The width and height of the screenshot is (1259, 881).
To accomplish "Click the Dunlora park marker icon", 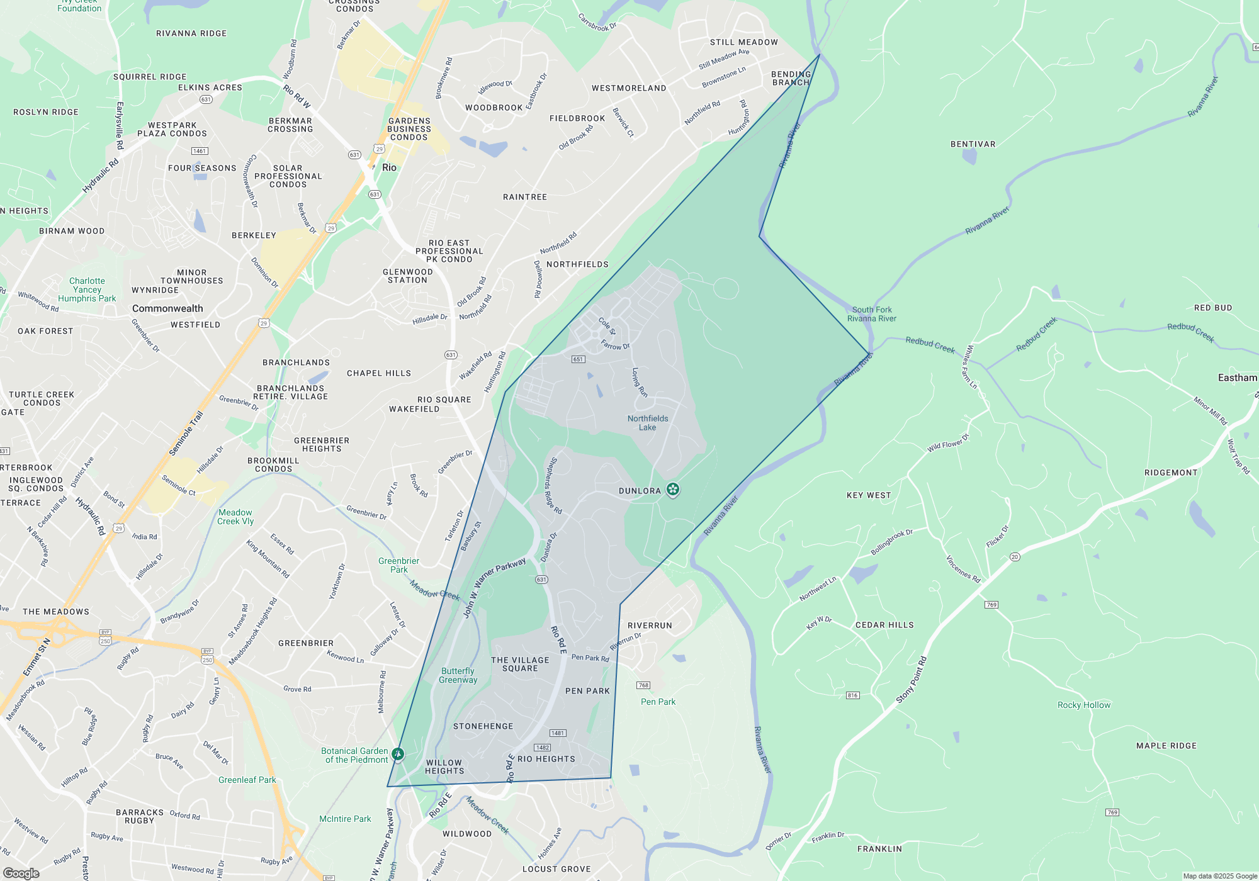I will [x=673, y=489].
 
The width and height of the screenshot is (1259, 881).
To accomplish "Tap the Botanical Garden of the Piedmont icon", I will [x=397, y=753].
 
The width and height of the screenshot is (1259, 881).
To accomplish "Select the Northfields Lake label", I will [x=648, y=423].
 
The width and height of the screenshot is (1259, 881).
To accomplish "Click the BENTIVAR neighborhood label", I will [x=973, y=144].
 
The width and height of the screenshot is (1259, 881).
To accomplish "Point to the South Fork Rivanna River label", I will [x=872, y=314].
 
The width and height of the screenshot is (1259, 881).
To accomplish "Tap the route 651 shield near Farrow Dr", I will [x=578, y=359].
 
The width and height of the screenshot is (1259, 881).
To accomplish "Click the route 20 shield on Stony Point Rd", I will [x=1014, y=557].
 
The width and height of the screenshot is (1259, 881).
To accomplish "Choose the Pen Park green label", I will [x=658, y=702].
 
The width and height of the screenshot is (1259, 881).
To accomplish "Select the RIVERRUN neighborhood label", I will [x=650, y=626].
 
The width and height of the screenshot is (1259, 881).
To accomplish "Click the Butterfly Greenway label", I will [x=458, y=675].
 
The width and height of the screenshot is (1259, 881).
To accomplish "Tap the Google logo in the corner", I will [x=21, y=873].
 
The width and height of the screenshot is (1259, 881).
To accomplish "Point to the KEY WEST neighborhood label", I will [x=869, y=495].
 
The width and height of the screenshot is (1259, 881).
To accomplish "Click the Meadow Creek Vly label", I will [x=235, y=517].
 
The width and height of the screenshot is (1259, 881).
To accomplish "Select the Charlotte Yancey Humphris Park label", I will [x=87, y=289].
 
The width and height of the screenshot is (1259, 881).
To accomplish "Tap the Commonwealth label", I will [x=167, y=308].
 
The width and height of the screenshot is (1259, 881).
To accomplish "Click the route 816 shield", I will [x=852, y=695].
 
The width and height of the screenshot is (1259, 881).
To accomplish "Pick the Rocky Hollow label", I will [x=1084, y=705].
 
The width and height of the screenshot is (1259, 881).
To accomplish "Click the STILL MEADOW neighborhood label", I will [x=743, y=42].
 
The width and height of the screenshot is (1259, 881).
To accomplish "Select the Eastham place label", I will [x=1237, y=378].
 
